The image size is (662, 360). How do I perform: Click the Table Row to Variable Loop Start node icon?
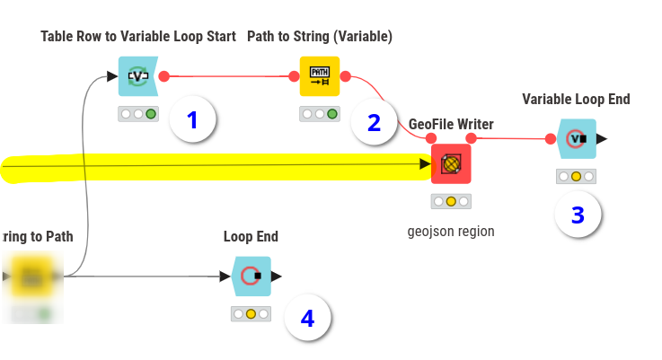pyautogui.click(x=138, y=76)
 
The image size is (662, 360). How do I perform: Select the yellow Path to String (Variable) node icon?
pyautogui.click(x=320, y=76)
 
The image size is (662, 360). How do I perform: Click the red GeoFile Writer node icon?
pyautogui.click(x=451, y=163)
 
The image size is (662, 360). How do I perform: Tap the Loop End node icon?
pyautogui.click(x=252, y=277)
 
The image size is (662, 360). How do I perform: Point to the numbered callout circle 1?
pyautogui.click(x=193, y=119)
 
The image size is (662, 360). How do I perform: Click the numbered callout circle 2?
pyautogui.click(x=375, y=122)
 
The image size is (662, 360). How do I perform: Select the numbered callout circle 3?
pyautogui.click(x=578, y=215)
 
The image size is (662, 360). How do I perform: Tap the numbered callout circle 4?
pyautogui.click(x=307, y=318)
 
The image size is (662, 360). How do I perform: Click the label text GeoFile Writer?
pyautogui.click(x=451, y=124)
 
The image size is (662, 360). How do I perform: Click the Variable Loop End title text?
pyautogui.click(x=576, y=100)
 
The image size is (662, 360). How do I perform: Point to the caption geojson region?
pyautogui.click(x=451, y=231)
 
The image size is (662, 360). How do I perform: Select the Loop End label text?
pyautogui.click(x=251, y=237)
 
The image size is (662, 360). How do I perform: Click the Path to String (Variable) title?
pyautogui.click(x=320, y=37)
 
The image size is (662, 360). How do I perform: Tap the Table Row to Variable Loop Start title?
pyautogui.click(x=138, y=37)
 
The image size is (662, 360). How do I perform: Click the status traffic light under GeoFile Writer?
pyautogui.click(x=451, y=201)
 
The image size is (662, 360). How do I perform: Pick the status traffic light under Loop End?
pyautogui.click(x=252, y=314)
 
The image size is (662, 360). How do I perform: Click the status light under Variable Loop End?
pyautogui.click(x=577, y=176)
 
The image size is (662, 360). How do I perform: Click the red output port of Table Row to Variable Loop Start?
pyautogui.click(x=163, y=76)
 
